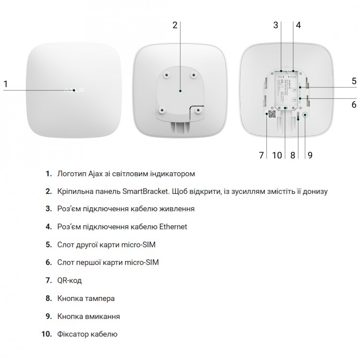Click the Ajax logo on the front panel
[74, 90]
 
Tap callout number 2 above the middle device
[175, 25]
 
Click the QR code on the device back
[272, 114]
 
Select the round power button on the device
[305, 115]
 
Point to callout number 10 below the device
[277, 156]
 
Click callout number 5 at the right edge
[354, 81]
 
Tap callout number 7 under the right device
[261, 156]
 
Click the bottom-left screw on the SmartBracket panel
[162, 110]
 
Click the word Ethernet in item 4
[173, 227]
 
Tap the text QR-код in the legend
[69, 280]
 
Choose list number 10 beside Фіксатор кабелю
[47, 334]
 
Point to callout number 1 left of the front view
[6, 84]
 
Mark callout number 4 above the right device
[298, 25]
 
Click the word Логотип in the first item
[72, 174]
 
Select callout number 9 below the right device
[310, 156]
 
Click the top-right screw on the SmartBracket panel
[194, 75]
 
